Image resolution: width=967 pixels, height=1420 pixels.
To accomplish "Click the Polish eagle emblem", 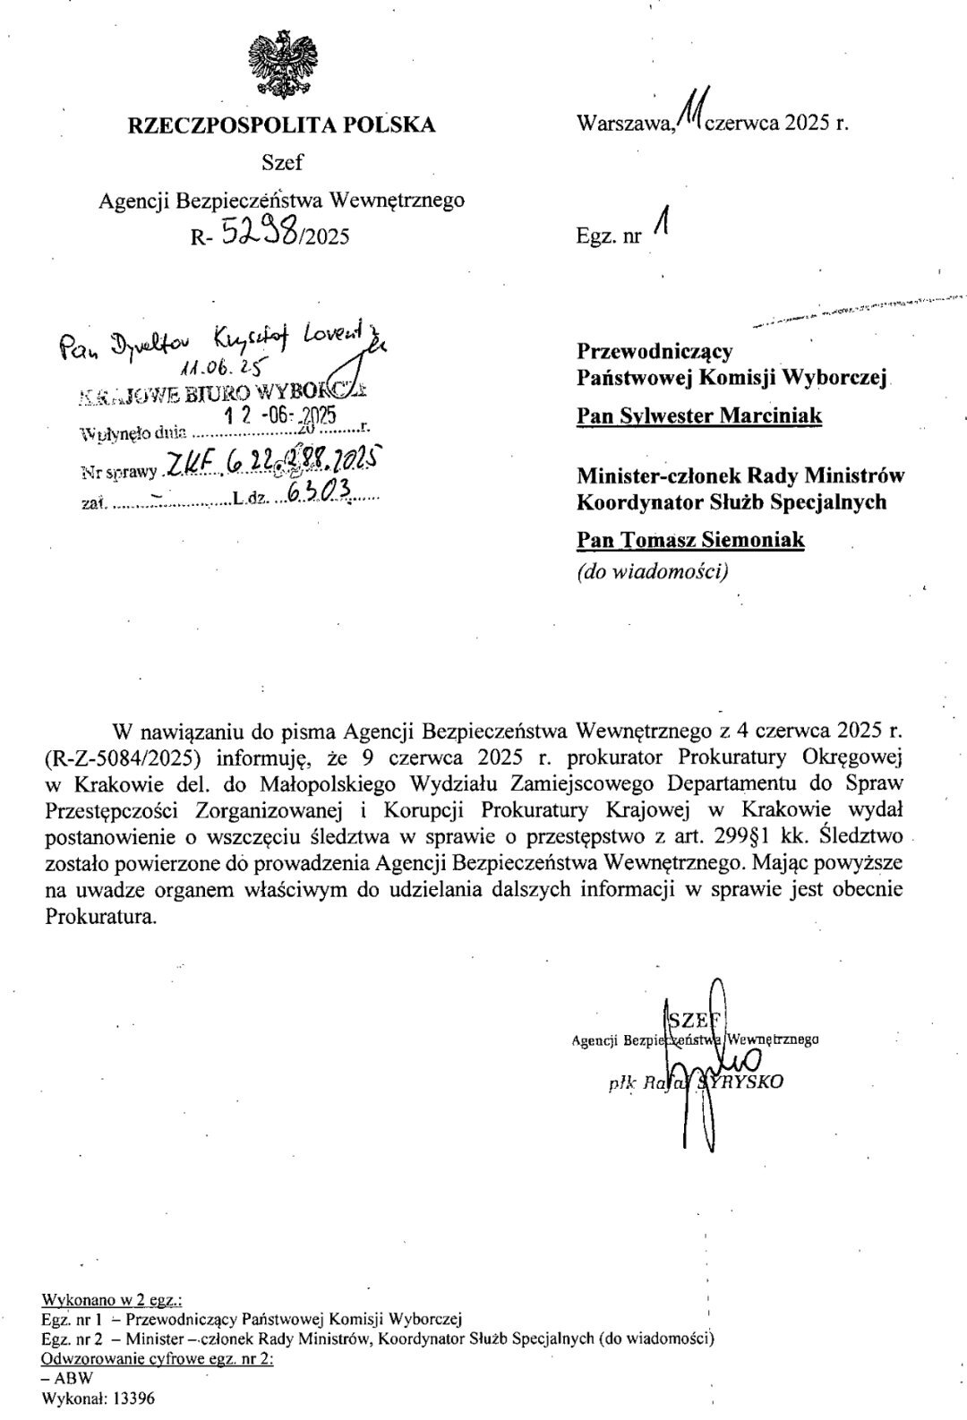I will coord(282,63).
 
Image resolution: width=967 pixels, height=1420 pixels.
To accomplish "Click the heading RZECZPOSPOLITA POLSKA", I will coord(282,124).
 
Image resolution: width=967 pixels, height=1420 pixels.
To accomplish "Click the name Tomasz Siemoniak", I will coord(690,540).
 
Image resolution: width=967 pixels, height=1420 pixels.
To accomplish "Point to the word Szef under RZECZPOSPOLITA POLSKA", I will coord(282,162).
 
